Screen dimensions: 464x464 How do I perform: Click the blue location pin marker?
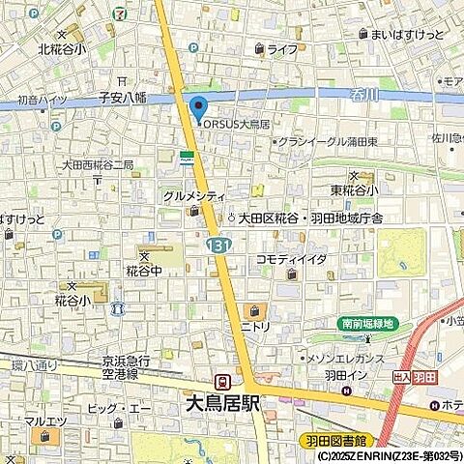point(199,108)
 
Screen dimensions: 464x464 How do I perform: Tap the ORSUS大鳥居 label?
point(234,123)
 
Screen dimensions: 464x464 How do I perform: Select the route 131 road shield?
point(216,247)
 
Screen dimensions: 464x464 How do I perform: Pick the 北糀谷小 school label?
point(62,48)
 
